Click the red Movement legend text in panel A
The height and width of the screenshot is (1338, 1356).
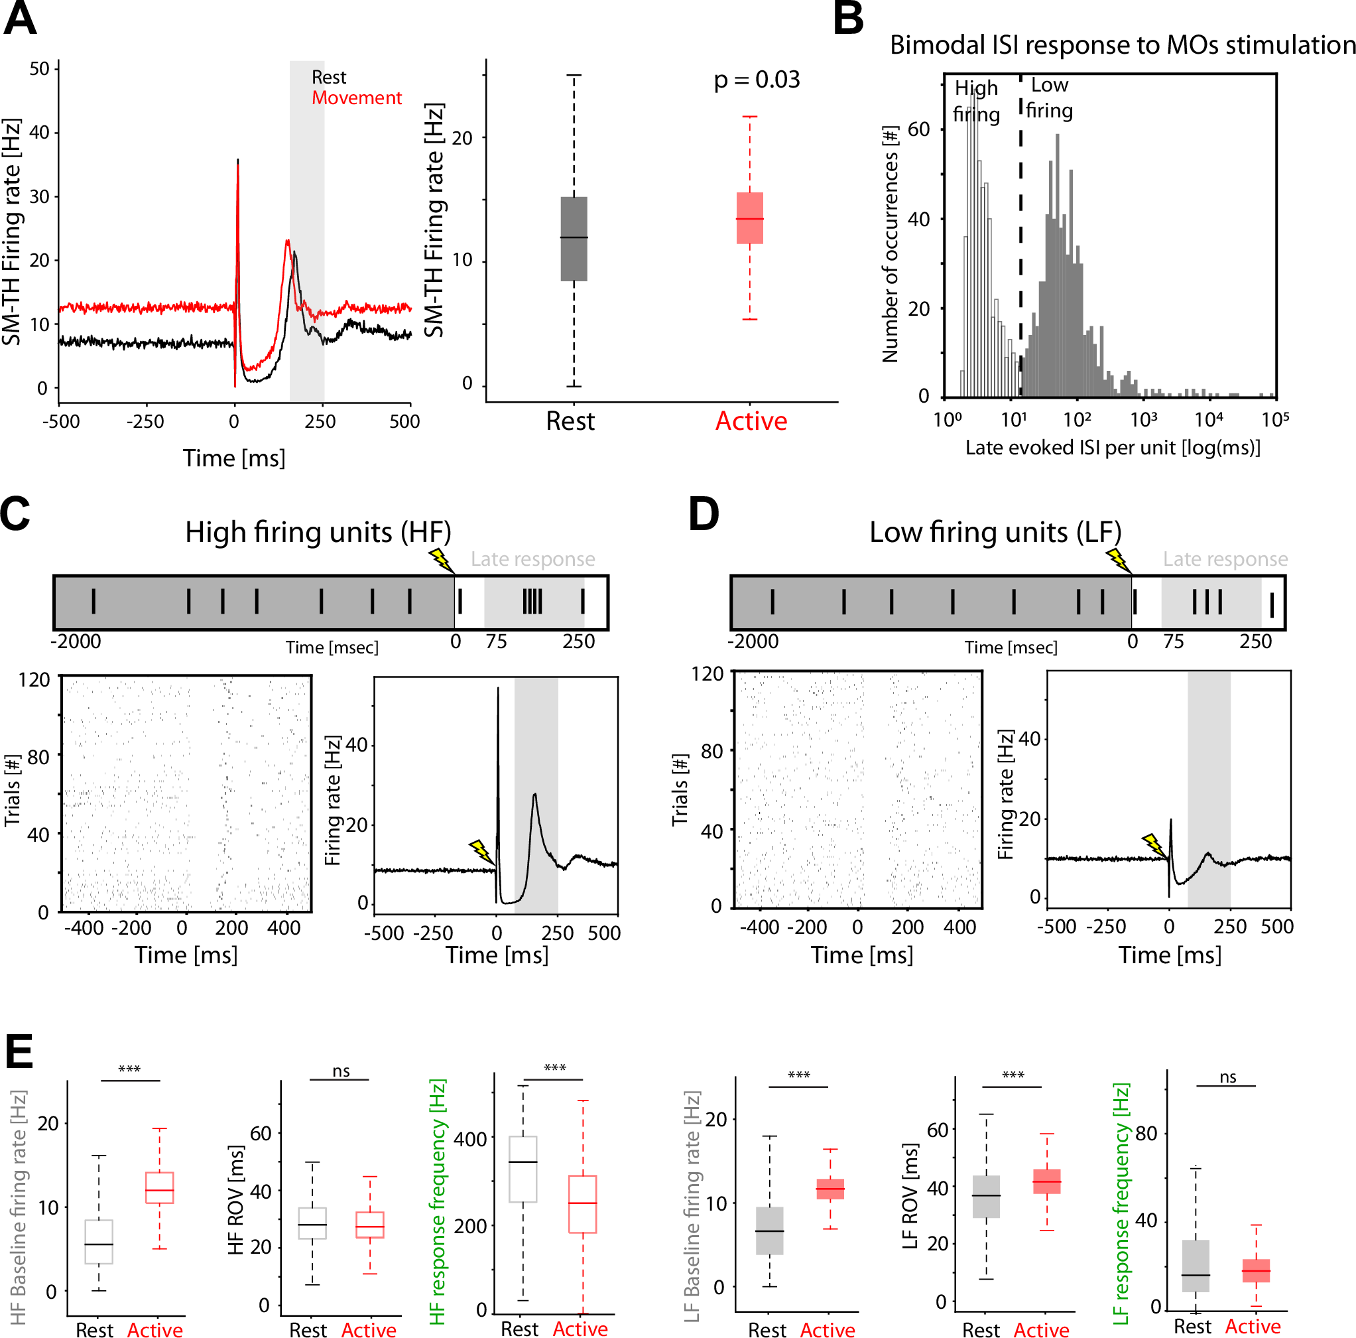357,98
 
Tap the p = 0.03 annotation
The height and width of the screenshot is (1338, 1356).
756,80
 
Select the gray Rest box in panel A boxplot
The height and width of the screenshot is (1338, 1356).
574,239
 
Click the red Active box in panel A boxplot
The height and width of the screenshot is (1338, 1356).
749,218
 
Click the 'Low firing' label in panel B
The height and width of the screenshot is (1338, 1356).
1048,98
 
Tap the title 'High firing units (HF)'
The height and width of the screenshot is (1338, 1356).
318,532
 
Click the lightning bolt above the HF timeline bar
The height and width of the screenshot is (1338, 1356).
440,559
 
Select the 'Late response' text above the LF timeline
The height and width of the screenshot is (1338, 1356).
1225,559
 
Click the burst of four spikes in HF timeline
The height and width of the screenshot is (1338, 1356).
532,602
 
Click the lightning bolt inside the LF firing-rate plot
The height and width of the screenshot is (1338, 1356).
1152,844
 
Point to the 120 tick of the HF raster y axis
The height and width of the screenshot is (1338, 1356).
34,679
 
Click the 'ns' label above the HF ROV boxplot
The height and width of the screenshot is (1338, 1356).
340,1071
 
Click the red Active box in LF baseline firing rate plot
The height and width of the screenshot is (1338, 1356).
830,1189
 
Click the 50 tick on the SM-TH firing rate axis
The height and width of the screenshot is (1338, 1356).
39,69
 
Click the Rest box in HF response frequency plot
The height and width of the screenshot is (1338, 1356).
523,1169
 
